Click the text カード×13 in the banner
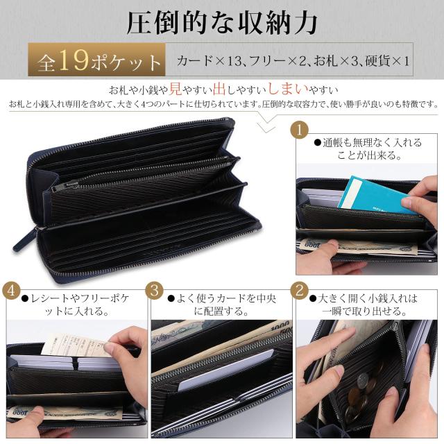tap(208, 62)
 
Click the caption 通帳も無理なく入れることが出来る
tap(367, 148)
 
